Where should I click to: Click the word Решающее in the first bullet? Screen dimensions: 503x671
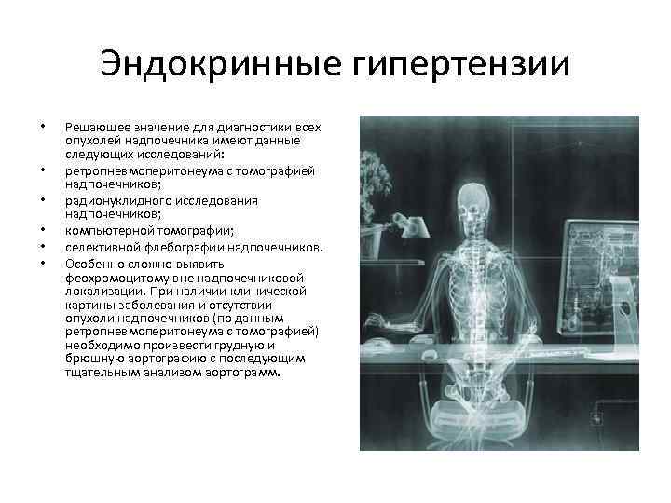tap(93, 125)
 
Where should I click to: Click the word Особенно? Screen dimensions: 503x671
tap(91, 264)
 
